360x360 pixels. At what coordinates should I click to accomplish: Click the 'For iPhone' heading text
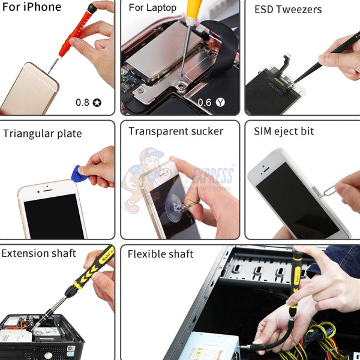[31, 7]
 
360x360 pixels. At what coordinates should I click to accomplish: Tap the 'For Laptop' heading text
[153, 8]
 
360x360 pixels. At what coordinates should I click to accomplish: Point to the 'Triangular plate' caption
[42, 133]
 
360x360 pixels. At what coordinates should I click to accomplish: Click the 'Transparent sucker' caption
[176, 131]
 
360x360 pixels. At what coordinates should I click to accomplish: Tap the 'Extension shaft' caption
[39, 253]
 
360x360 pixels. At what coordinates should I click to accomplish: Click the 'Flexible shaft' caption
[160, 254]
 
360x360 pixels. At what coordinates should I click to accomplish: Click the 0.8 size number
[82, 102]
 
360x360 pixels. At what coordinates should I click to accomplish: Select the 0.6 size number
[205, 102]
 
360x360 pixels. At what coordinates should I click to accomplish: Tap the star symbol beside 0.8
[97, 103]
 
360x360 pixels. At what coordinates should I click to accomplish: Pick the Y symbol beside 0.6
[221, 103]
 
